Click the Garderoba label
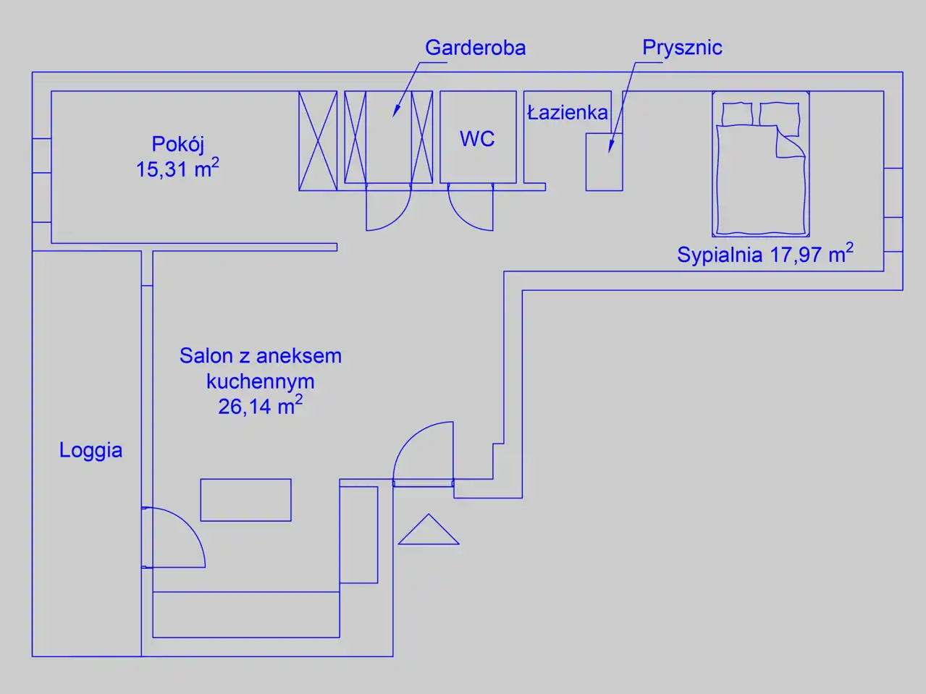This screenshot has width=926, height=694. (475, 48)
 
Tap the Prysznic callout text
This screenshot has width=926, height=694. (682, 48)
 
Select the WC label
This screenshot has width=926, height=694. (477, 138)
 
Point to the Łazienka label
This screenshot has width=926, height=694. (567, 112)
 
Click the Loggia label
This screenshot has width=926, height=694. (91, 450)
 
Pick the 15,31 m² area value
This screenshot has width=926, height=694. (177, 169)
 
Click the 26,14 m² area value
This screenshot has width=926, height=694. (260, 405)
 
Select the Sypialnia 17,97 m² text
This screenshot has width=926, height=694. (765, 254)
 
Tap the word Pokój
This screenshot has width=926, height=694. (178, 143)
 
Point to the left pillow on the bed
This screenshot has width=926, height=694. (737, 114)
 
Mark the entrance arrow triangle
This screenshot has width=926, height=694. (429, 531)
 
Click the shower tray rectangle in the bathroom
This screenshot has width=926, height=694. (604, 162)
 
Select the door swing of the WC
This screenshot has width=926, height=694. (469, 208)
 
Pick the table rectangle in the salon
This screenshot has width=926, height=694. (245, 500)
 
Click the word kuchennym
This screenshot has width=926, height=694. (260, 381)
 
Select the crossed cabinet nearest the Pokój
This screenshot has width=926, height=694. (318, 140)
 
